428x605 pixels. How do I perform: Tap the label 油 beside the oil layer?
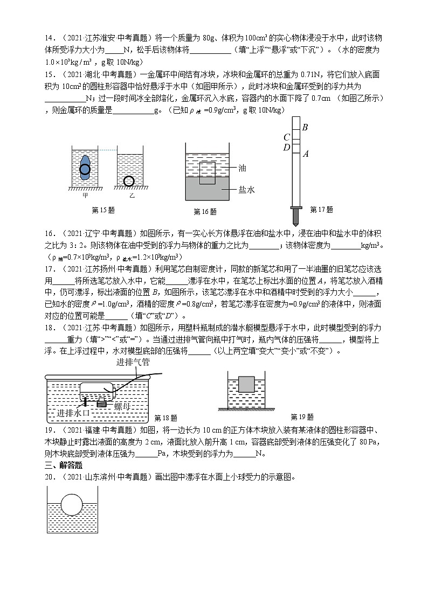(242, 169)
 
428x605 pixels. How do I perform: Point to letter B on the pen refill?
(305, 128)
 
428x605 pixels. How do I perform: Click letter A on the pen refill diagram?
(306, 154)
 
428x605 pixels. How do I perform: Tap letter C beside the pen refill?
(287, 137)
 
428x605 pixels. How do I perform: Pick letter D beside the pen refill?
(287, 147)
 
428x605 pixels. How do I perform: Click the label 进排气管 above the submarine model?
(133, 363)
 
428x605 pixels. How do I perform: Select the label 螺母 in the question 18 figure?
(122, 407)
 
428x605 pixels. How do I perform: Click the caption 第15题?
(103, 210)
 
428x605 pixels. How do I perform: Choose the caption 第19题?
(302, 417)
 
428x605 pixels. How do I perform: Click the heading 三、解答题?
(60, 465)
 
